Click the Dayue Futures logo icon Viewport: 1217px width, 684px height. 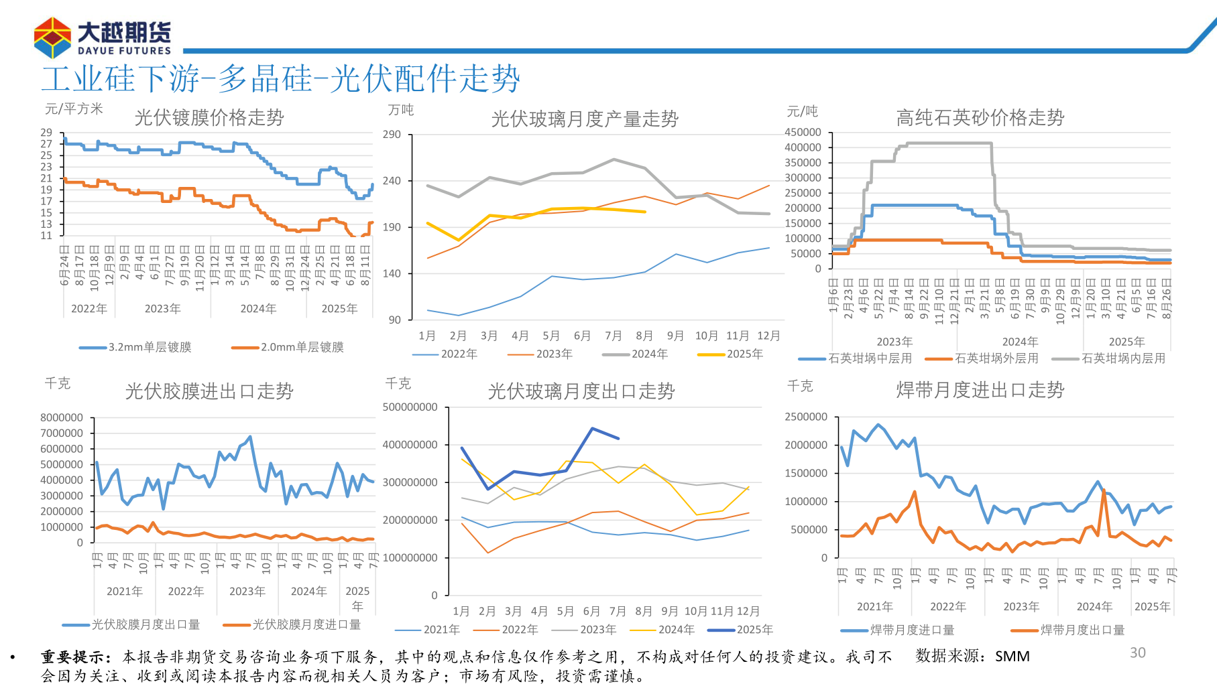click(52, 38)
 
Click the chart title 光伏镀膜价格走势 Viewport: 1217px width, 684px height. click(209, 118)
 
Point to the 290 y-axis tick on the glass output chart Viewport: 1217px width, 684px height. click(392, 135)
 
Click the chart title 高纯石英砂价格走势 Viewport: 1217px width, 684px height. click(980, 118)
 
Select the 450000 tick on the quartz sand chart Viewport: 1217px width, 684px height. click(803, 132)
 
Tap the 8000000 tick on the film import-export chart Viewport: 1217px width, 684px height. click(62, 417)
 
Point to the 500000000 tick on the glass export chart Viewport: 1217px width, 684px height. click(410, 407)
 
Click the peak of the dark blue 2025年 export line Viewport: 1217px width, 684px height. click(592, 429)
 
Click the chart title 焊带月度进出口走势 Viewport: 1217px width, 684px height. click(980, 390)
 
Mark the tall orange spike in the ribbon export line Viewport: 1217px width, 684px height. click(1103, 491)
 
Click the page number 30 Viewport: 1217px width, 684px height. click(1137, 653)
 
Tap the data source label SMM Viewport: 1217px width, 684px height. click(1012, 656)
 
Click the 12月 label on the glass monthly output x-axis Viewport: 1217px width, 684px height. click(768, 336)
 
